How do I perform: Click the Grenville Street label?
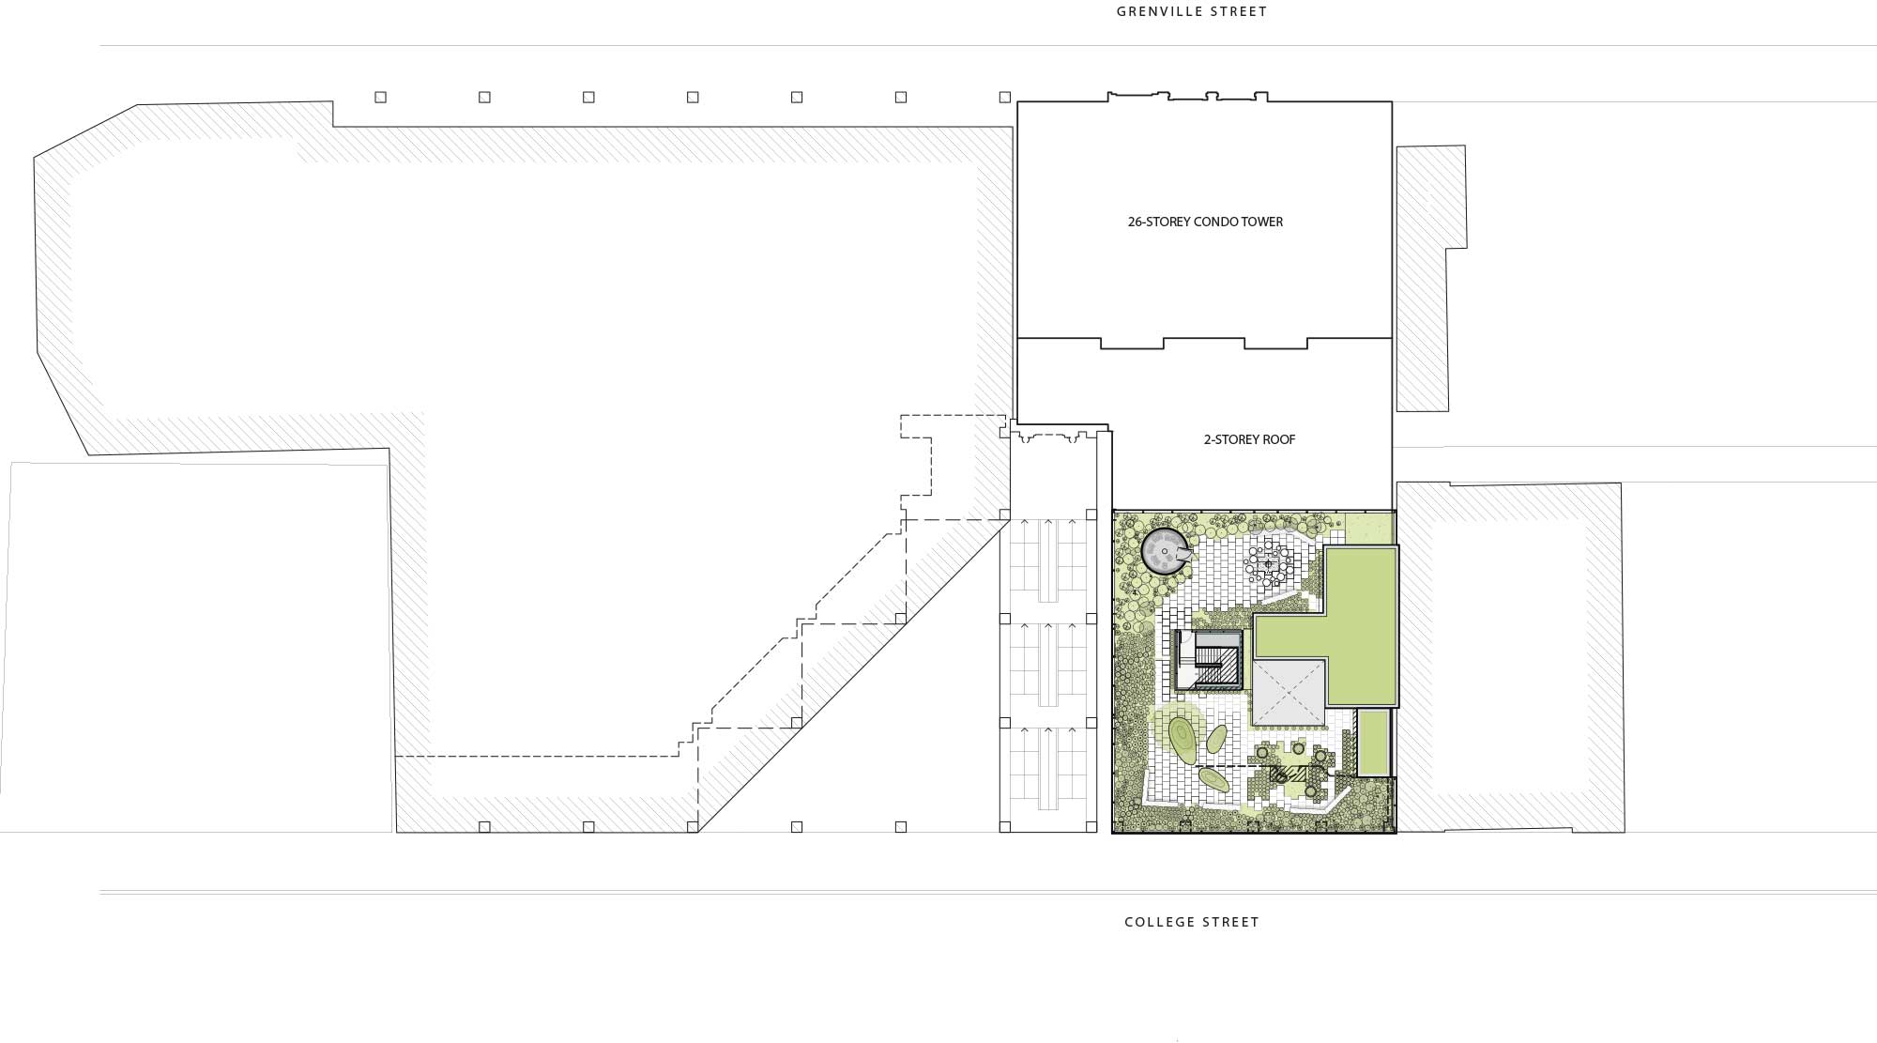(x=1192, y=12)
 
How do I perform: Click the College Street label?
(x=1192, y=922)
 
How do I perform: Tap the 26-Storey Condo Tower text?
(x=1205, y=222)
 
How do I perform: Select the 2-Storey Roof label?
(x=1249, y=439)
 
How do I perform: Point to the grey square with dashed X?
(x=1289, y=693)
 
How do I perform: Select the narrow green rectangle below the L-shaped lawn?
(x=1373, y=743)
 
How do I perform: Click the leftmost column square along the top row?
(x=380, y=97)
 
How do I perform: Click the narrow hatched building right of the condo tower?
(x=1430, y=278)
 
